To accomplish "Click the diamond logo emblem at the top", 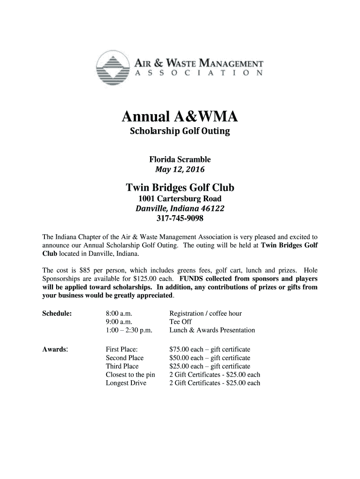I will (x=112, y=71).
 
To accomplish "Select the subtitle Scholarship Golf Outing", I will (x=180, y=131).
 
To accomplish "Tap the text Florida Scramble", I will (x=180, y=160).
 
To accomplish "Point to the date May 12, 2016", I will (x=180, y=169).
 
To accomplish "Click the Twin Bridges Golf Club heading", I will (x=180, y=188).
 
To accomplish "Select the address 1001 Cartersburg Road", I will (x=180, y=199).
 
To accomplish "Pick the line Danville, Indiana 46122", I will (x=180, y=208).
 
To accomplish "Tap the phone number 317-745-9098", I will (x=180, y=218).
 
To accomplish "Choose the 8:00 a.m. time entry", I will (x=119, y=313).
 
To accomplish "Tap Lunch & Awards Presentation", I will (x=212, y=330).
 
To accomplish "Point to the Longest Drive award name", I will (x=126, y=383).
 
